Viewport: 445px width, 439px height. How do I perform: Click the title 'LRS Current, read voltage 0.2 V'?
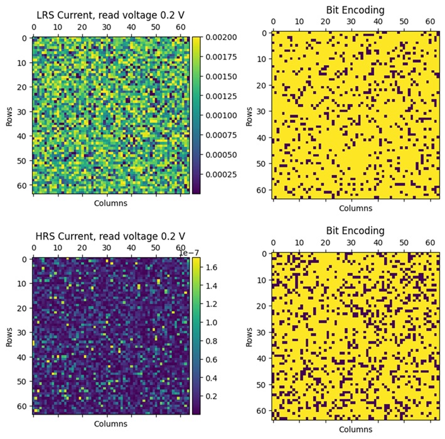point(110,15)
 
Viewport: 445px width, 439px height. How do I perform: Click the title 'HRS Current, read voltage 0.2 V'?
point(110,236)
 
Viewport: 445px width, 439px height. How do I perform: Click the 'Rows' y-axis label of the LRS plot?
point(9,116)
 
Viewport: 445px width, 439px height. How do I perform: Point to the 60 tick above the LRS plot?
point(182,28)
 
